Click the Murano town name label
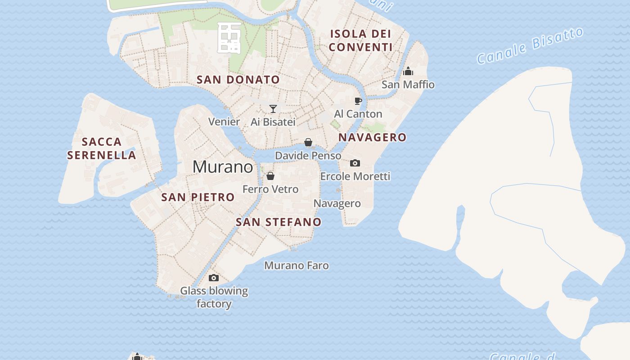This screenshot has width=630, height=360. (223, 167)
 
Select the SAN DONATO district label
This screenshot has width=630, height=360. (238, 80)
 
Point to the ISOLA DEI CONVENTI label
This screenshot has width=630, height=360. (360, 40)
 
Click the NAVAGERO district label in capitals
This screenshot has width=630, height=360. (372, 137)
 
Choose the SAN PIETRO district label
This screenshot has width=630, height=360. (198, 197)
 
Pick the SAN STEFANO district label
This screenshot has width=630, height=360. (279, 222)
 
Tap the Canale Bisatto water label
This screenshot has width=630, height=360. (530, 45)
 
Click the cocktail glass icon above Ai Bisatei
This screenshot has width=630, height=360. (273, 108)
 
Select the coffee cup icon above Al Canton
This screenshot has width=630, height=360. (358, 101)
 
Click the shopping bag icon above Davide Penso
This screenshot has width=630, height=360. (308, 143)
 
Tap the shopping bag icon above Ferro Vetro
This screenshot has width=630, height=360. (270, 176)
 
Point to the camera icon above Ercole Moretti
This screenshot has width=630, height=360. (355, 163)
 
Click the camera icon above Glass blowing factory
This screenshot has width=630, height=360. (214, 278)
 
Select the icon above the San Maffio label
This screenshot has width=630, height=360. (408, 71)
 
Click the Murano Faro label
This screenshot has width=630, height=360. (296, 265)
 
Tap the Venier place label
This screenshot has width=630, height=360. (224, 121)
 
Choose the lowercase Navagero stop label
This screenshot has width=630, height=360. (337, 203)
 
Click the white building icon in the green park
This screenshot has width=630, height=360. (229, 38)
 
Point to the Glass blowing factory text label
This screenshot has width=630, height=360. (214, 297)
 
